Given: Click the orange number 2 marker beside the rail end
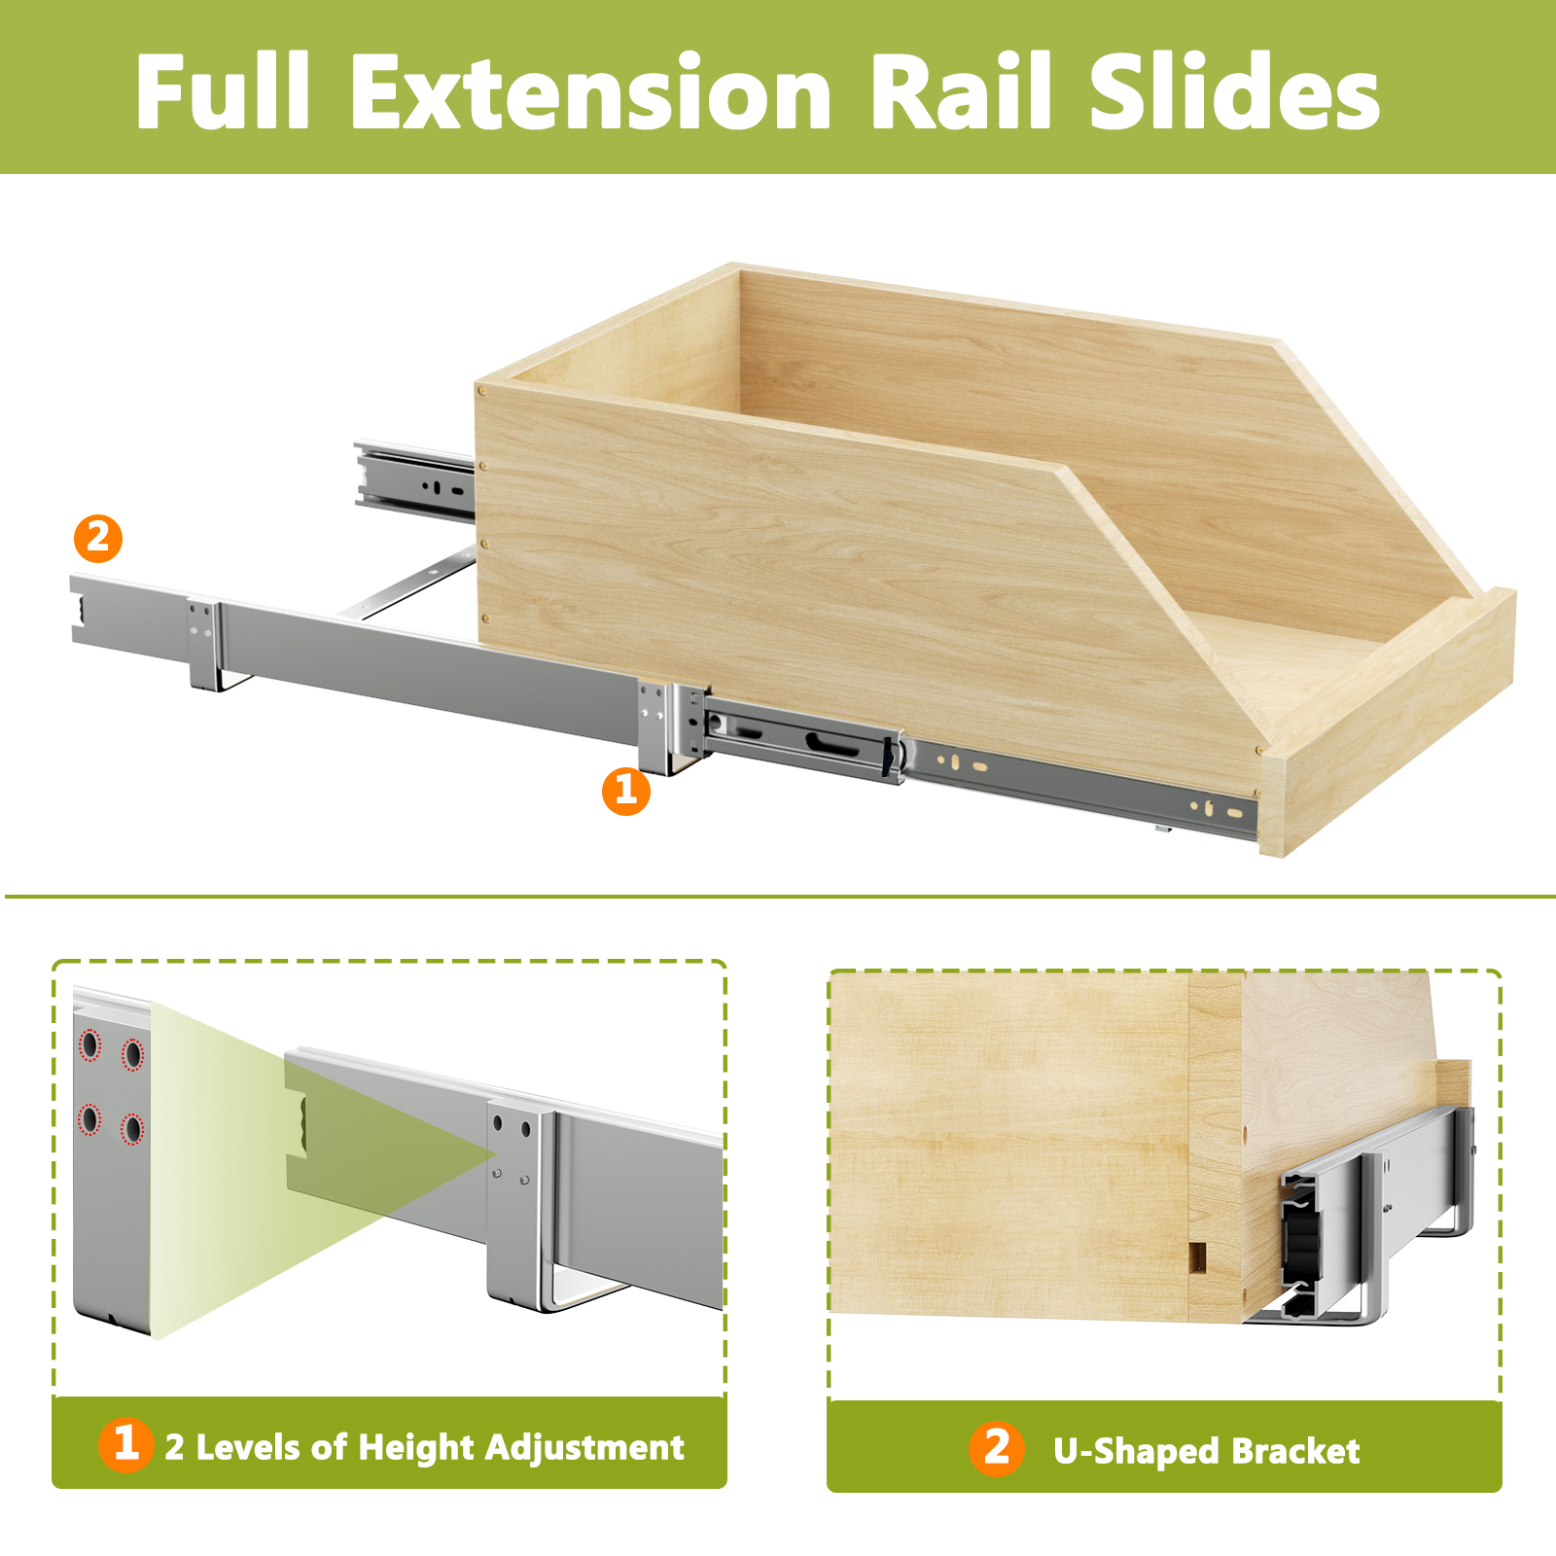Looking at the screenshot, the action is tap(98, 538).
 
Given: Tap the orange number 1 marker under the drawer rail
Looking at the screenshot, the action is tap(626, 791).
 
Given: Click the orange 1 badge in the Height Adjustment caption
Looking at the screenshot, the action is tap(126, 1444).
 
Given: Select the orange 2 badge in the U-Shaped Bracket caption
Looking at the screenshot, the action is tap(996, 1448).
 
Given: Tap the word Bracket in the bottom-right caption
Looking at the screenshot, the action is tap(1295, 1451).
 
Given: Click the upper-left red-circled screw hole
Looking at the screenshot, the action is tap(89, 1045).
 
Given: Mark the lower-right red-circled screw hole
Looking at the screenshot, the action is tap(132, 1130).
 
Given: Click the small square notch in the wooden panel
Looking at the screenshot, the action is tap(1198, 1256).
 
